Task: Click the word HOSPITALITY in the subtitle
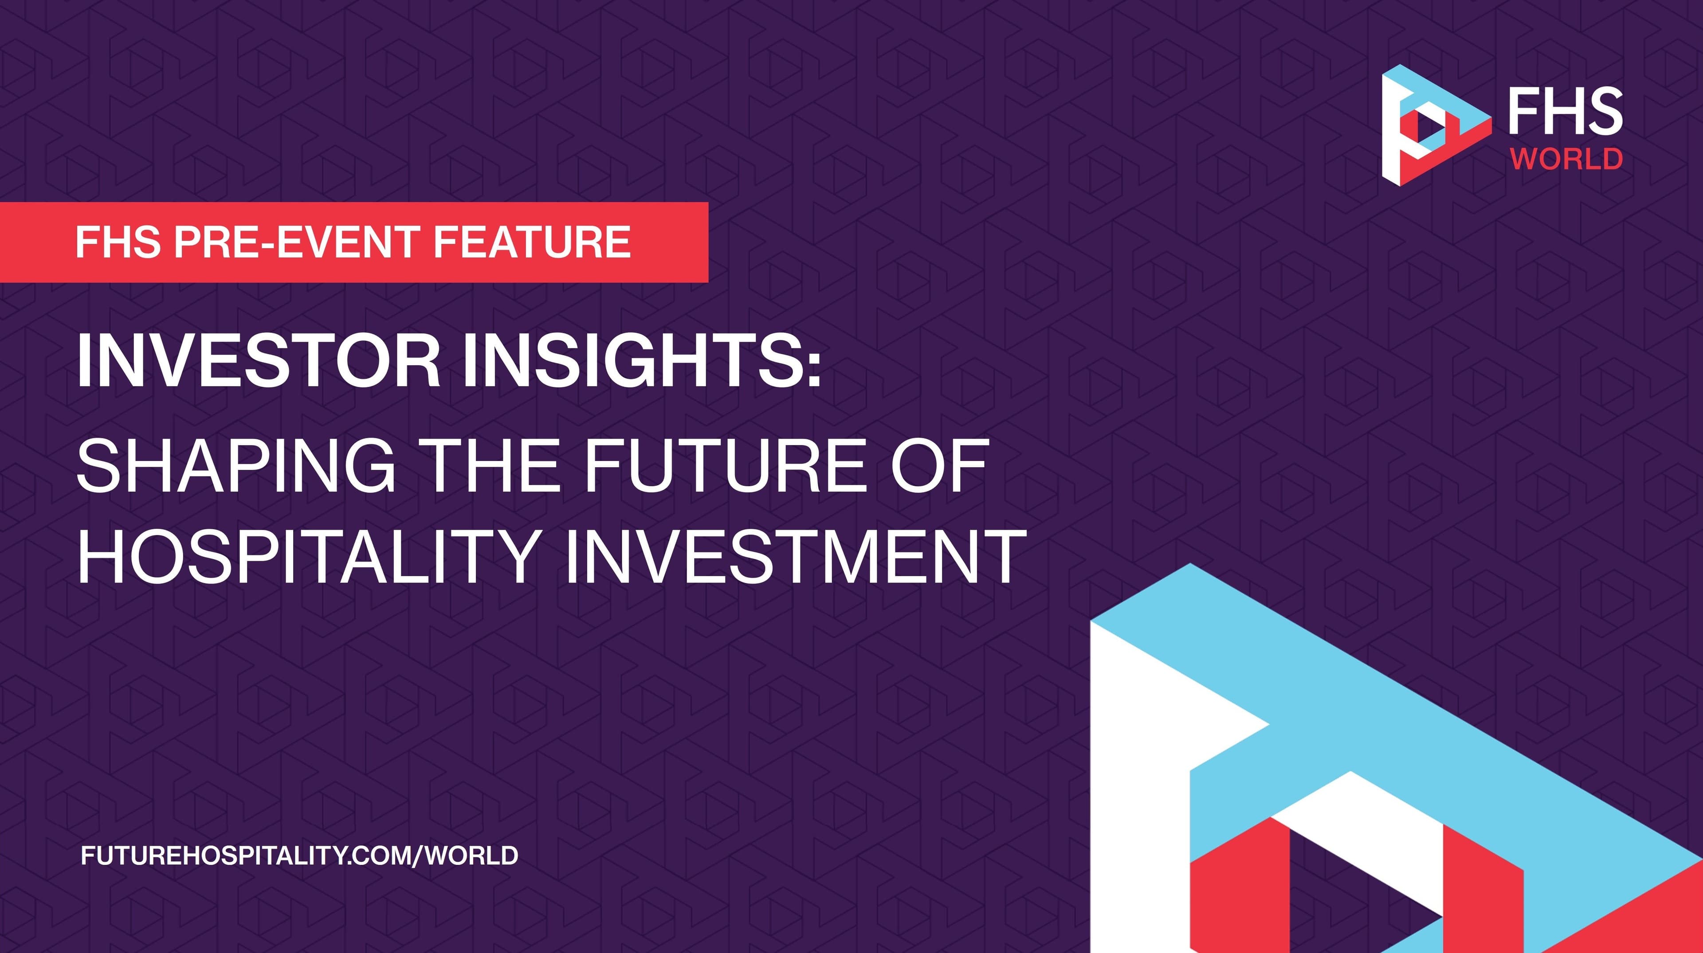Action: click(x=307, y=556)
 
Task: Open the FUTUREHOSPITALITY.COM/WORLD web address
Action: click(x=299, y=856)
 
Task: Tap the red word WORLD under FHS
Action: click(x=1566, y=159)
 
